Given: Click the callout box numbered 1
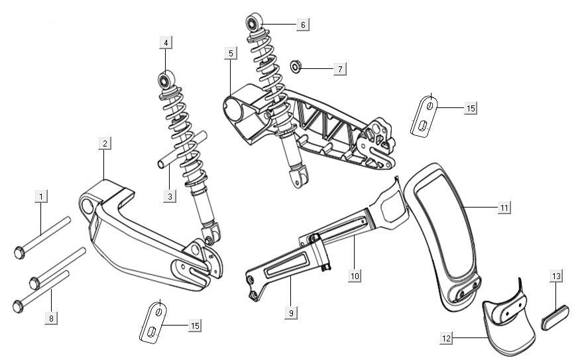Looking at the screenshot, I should (41, 196).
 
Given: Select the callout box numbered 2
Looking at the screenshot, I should (105, 143).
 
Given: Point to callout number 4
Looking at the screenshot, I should (166, 43).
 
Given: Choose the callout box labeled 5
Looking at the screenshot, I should (229, 52).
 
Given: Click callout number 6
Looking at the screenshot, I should (302, 25).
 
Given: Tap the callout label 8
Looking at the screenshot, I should (50, 318).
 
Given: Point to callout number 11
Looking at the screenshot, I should (505, 208).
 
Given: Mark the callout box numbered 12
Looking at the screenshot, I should (446, 338).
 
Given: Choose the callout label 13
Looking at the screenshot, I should (555, 275).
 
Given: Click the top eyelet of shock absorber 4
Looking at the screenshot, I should (164, 81).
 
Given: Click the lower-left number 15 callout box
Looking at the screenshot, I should (194, 326).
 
